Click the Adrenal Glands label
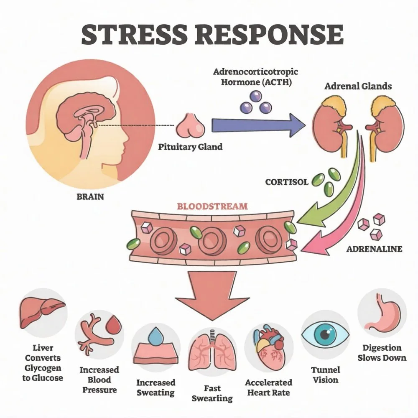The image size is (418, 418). click(x=358, y=87)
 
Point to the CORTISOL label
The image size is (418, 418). click(x=286, y=182)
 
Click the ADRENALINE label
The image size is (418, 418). click(x=375, y=249)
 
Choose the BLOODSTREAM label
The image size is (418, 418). click(x=212, y=206)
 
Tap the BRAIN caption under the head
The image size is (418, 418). click(x=90, y=196)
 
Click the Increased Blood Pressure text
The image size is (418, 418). click(x=99, y=380)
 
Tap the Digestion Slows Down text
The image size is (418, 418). click(x=382, y=353)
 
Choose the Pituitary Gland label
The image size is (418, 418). click(x=190, y=147)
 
